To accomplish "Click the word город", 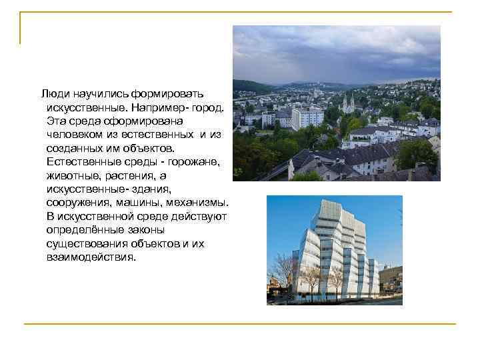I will click(209, 107).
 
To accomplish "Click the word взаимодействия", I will click(91, 257).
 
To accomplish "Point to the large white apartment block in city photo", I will click(307, 118).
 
